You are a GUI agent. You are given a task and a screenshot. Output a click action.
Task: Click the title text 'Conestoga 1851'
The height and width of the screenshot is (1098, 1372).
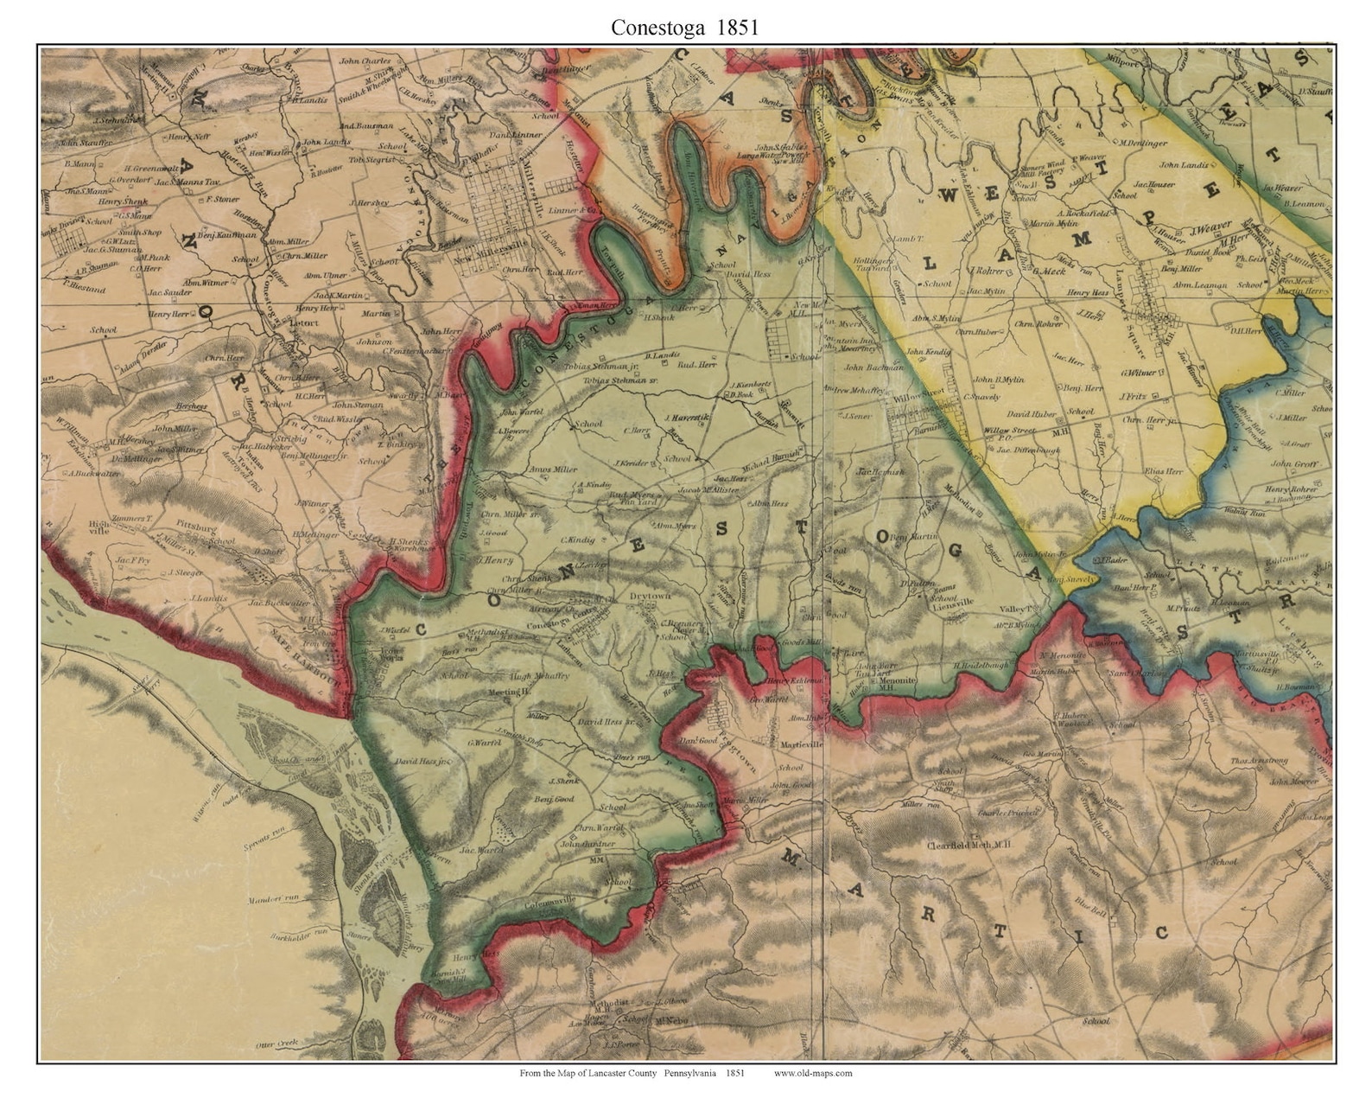[x=684, y=28]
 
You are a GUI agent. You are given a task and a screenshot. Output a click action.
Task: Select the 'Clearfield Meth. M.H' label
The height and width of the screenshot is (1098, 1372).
[x=968, y=845]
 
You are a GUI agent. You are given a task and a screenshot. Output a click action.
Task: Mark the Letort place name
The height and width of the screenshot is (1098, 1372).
[x=304, y=322]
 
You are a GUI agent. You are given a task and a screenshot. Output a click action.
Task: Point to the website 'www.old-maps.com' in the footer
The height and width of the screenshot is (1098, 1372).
[x=812, y=1073]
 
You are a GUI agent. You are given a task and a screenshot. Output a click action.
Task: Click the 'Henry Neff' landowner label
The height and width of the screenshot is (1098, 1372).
[x=190, y=137]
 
